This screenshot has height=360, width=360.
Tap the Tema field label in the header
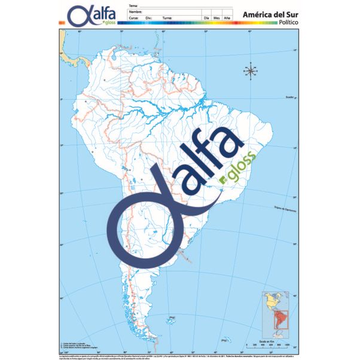coord(133,5)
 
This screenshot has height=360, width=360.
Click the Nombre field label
coord(135,11)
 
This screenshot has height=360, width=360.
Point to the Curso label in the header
coord(133,18)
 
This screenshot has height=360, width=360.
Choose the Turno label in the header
coord(167,18)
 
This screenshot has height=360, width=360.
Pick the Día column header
coord(207,18)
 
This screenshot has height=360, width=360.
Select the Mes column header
coord(217,18)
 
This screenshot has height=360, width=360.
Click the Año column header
coord(227,18)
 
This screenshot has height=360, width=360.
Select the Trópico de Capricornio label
coord(286,209)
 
